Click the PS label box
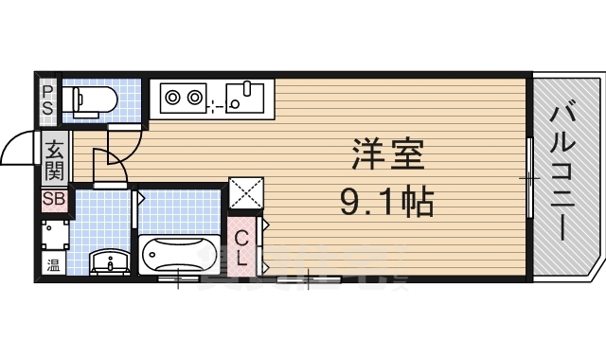click(x=47, y=98)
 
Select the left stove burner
click(x=172, y=96)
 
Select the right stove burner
click(x=195, y=96)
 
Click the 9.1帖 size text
click(x=385, y=200)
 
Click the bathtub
click(x=179, y=256)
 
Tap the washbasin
click(x=110, y=261)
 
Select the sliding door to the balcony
click(x=527, y=177)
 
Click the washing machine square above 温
click(x=54, y=234)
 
